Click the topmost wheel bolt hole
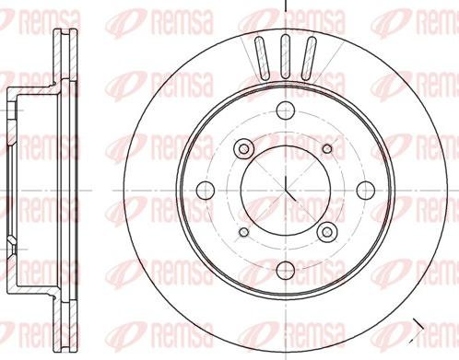click(286, 110)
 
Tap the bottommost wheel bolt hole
click(286, 271)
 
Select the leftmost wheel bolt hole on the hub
click(206, 191)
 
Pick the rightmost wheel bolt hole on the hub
click(366, 191)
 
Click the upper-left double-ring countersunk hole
click(243, 149)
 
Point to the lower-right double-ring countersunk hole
click(327, 232)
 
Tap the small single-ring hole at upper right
click(328, 149)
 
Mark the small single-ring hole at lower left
click(244, 232)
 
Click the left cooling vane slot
click(263, 57)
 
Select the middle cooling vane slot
click(286, 56)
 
